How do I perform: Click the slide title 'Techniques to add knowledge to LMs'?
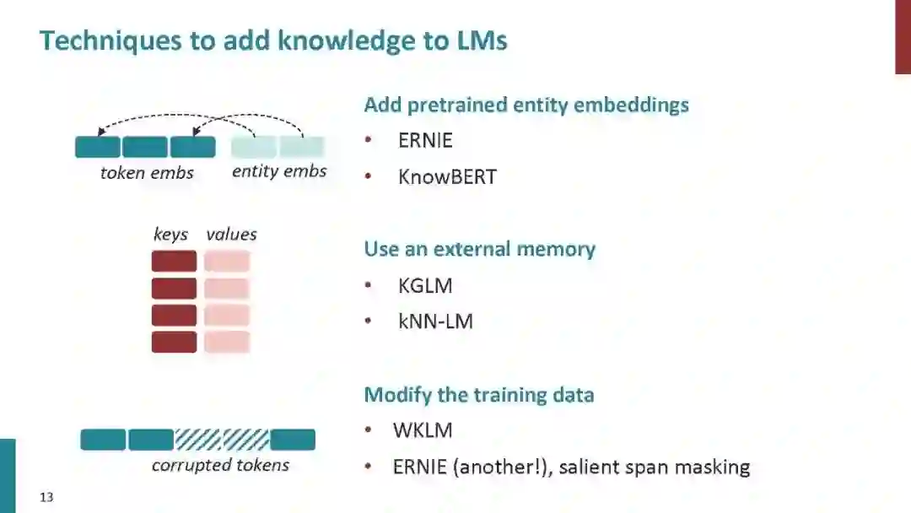[x=273, y=40]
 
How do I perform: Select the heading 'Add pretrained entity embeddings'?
[x=526, y=105]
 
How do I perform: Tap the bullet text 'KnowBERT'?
[x=447, y=177]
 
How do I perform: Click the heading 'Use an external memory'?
[x=479, y=250]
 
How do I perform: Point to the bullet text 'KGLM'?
[x=425, y=286]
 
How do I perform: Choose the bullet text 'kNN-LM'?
[x=435, y=321]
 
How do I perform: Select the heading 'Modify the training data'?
[x=478, y=395]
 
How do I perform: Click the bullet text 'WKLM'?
[x=423, y=430]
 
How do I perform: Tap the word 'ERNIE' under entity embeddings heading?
[x=425, y=140]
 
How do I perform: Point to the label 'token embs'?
[x=147, y=173]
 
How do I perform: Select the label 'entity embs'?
[x=279, y=171]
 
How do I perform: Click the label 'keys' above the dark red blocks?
[x=170, y=235]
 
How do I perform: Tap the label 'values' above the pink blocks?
[x=231, y=235]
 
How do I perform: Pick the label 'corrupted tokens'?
[x=220, y=465]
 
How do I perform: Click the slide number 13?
[x=46, y=498]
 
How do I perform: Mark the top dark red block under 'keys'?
[x=174, y=262]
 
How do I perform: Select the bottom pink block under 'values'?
[x=227, y=342]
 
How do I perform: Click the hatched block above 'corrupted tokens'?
[x=222, y=440]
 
